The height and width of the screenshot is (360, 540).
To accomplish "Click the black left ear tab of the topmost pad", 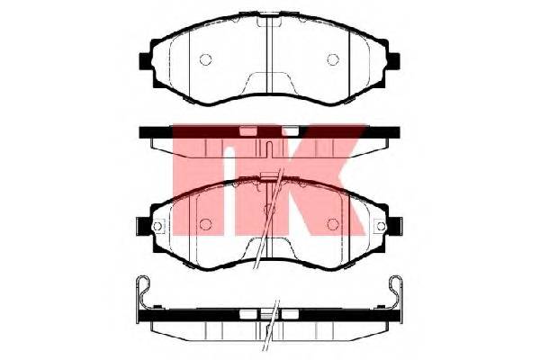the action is tap(145, 61).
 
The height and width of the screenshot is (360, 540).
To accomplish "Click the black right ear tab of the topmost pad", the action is tap(394, 61).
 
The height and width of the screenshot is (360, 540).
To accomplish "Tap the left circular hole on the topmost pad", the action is tap(205, 59).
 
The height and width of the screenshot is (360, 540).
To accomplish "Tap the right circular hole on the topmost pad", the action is tap(333, 59).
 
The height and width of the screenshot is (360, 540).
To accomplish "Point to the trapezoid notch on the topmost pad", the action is tap(269, 83).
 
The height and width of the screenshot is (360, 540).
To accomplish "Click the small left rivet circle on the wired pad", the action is tap(157, 226).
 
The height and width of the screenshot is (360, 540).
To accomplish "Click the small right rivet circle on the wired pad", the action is tap(382, 226).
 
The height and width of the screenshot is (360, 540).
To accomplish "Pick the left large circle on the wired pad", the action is tap(205, 225).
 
